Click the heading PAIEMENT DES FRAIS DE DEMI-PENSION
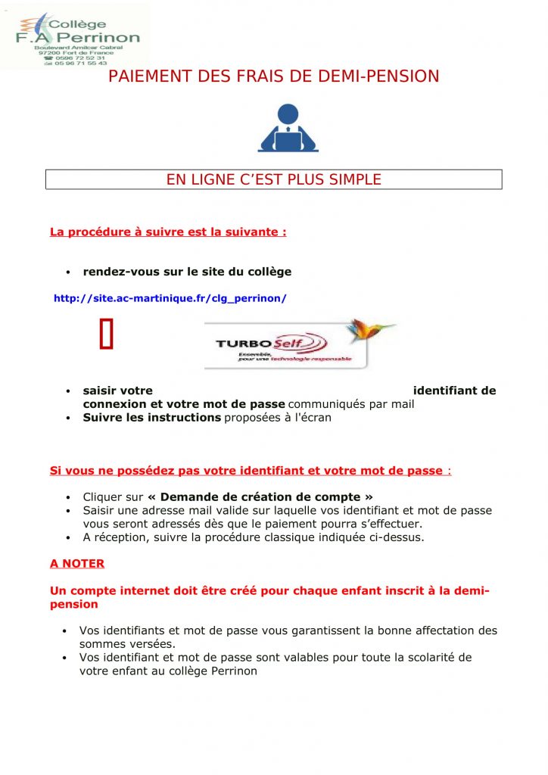[x=273, y=76]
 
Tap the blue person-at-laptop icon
[x=288, y=128]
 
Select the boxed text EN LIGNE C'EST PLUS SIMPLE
[x=273, y=179]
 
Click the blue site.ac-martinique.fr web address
[x=170, y=298]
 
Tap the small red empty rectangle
[x=106, y=335]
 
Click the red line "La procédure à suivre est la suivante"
[x=168, y=232]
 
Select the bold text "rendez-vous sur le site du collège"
[x=187, y=272]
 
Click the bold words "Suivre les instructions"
[x=151, y=417]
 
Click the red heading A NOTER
[x=77, y=564]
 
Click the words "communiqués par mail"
[x=351, y=404]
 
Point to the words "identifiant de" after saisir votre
[x=454, y=391]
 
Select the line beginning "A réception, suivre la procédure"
[x=254, y=538]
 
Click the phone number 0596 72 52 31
[x=79, y=58]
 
